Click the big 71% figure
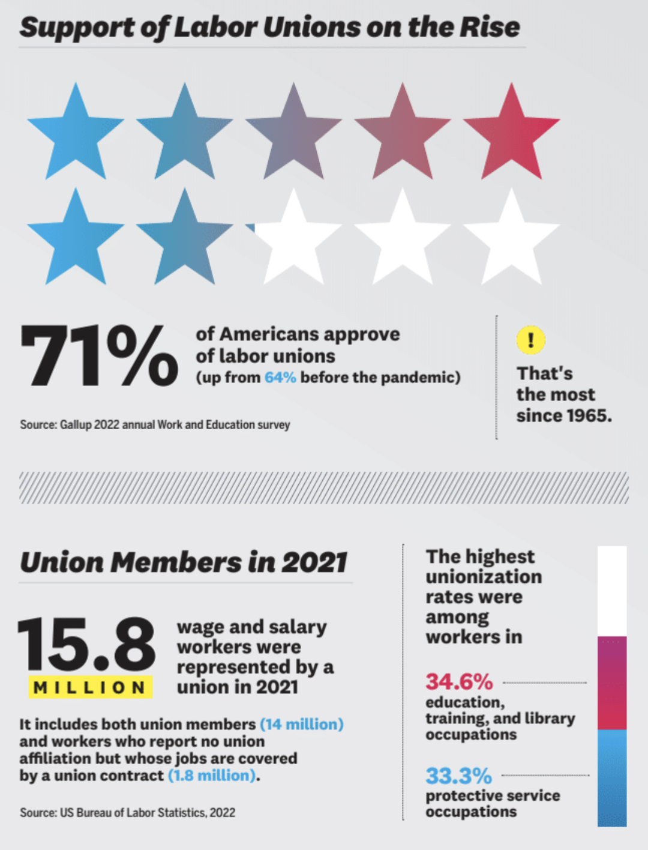[x=98, y=355]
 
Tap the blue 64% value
[x=280, y=378]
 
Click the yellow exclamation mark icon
[x=530, y=340]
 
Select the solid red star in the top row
[x=511, y=133]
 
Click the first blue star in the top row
[x=76, y=133]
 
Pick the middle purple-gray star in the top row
[x=293, y=133]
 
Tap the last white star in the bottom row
[x=511, y=239]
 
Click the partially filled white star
[x=293, y=239]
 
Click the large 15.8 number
[x=86, y=644]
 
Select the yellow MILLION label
[x=90, y=687]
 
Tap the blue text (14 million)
[x=301, y=725]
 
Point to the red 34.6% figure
[x=459, y=682]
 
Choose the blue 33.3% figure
[x=458, y=776]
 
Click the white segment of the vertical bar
[x=611, y=591]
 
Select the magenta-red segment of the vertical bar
[x=611, y=683]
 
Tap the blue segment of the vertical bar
[x=611, y=777]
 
